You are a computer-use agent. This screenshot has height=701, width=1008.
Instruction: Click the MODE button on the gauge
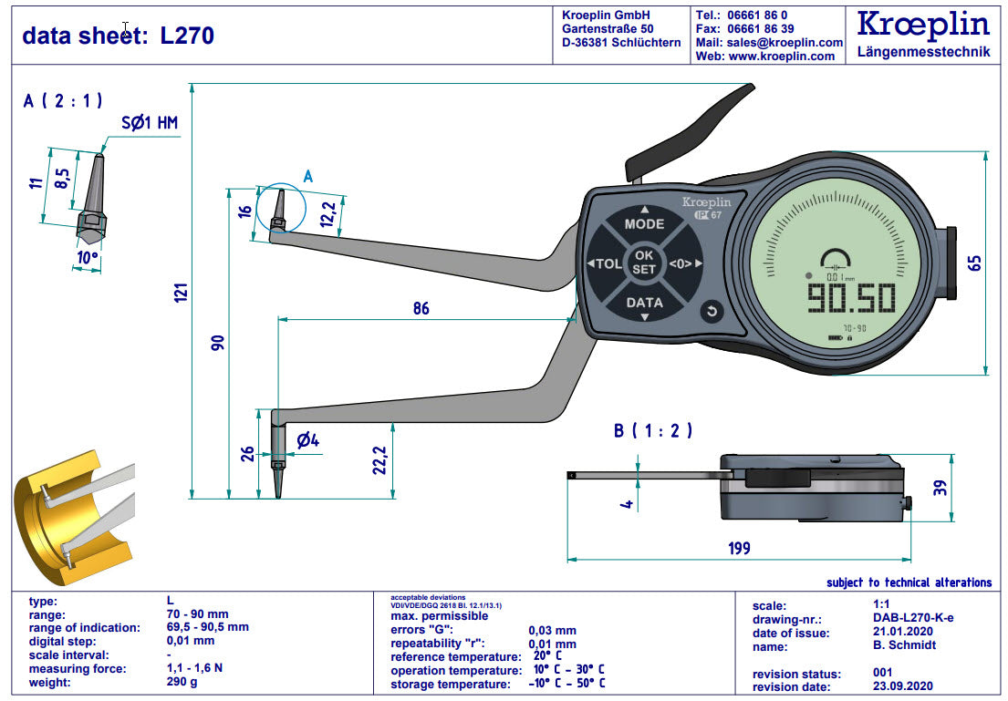[644, 223]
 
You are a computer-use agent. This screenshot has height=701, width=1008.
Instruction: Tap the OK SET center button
[644, 263]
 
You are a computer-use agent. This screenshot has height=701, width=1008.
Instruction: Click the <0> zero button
[685, 263]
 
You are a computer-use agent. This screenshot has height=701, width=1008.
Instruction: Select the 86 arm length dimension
[421, 308]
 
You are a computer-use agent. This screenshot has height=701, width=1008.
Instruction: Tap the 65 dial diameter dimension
[974, 263]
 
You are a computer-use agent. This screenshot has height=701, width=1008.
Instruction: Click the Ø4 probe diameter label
[307, 441]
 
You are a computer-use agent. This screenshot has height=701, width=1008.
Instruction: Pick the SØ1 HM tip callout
[150, 122]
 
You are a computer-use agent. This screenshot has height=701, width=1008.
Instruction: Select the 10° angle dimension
[88, 258]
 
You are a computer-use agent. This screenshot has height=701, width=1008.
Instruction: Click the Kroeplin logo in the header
[922, 25]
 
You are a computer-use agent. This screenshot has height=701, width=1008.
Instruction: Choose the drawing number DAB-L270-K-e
[913, 618]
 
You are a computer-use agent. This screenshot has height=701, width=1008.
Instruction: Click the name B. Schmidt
[904, 645]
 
